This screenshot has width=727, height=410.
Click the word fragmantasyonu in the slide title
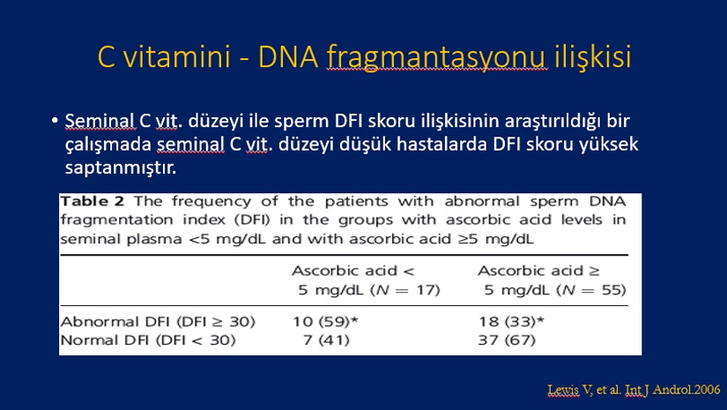(436, 58)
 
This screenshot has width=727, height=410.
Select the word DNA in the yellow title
(288, 57)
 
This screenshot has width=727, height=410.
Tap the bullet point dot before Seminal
(55, 121)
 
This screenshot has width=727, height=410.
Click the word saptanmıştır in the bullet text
(121, 168)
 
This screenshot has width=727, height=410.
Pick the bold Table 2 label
(93, 201)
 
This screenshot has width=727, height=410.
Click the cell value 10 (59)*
(325, 322)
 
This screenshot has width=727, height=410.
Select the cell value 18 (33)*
(511, 322)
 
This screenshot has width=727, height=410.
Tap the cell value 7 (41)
(326, 340)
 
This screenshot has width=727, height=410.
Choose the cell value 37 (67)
(507, 340)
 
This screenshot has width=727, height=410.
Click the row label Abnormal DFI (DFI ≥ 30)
(158, 322)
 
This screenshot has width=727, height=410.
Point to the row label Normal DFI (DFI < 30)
(148, 340)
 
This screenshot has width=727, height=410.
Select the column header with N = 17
(366, 280)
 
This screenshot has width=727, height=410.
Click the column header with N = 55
(553, 280)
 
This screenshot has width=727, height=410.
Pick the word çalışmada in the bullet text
(108, 145)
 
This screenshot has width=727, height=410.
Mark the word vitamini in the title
(176, 57)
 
